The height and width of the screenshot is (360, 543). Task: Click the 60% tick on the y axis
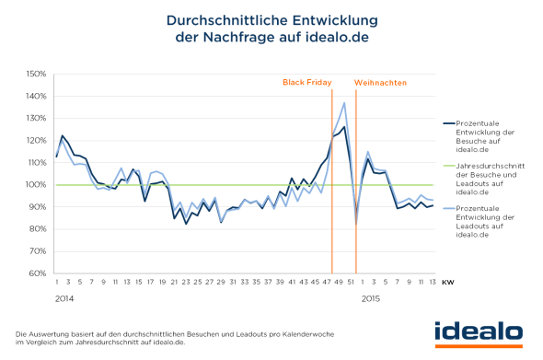(x=36, y=273)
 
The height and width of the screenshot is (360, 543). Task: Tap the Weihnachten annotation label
(x=380, y=83)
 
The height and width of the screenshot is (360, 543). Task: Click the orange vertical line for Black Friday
(x=332, y=184)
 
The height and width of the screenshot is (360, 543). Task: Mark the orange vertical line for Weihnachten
(x=356, y=184)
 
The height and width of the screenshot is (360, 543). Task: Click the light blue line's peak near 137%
(x=344, y=103)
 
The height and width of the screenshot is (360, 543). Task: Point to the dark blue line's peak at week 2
(x=62, y=136)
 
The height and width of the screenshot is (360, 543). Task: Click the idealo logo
(x=479, y=331)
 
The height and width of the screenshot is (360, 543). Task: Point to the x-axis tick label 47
(x=327, y=283)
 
